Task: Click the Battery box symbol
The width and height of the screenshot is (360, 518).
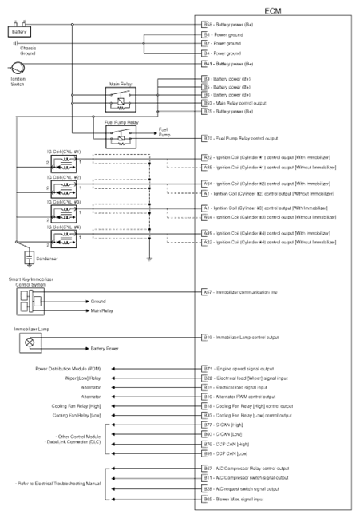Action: point(18,32)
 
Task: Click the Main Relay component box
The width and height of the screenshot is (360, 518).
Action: point(121,97)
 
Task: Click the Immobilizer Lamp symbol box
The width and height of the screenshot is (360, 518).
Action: point(31,342)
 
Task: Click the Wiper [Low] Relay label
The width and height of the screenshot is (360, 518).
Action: point(83,378)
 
